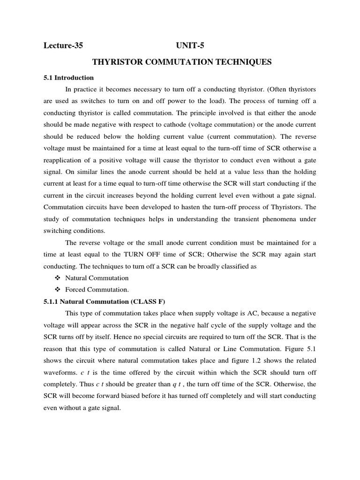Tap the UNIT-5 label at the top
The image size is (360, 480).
click(190, 45)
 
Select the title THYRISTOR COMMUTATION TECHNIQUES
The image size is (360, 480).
click(182, 62)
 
